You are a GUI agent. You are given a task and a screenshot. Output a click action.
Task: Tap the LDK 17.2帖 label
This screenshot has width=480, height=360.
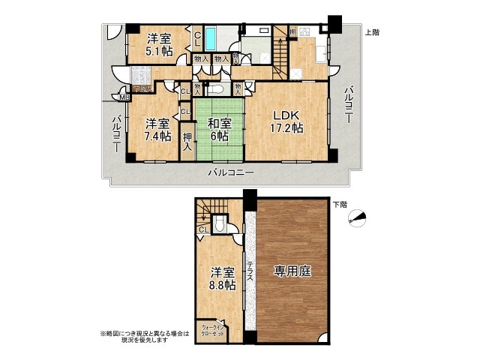(x=287, y=121)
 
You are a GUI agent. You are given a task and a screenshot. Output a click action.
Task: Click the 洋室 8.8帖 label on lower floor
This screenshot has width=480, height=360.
(x=222, y=279)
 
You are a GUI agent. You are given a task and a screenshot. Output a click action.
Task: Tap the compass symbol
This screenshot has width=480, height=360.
(x=361, y=218)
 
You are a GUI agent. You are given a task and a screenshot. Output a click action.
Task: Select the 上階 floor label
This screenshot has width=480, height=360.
(x=371, y=32)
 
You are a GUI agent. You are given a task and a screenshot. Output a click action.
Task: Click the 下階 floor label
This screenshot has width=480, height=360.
(x=339, y=204)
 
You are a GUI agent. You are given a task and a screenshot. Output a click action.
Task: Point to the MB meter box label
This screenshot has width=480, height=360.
(x=124, y=96)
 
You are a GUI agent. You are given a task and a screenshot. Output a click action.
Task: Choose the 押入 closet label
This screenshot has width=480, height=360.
(x=187, y=142)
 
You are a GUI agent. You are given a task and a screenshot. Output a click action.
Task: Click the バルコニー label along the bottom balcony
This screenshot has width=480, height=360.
(x=232, y=172)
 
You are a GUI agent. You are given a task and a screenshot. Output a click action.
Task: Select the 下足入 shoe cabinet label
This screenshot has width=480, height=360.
(x=142, y=88)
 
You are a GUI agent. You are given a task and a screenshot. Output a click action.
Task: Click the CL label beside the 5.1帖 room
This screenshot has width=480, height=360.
(x=196, y=37)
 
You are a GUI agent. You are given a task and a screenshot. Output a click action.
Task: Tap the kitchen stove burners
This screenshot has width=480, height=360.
(x=305, y=32)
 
